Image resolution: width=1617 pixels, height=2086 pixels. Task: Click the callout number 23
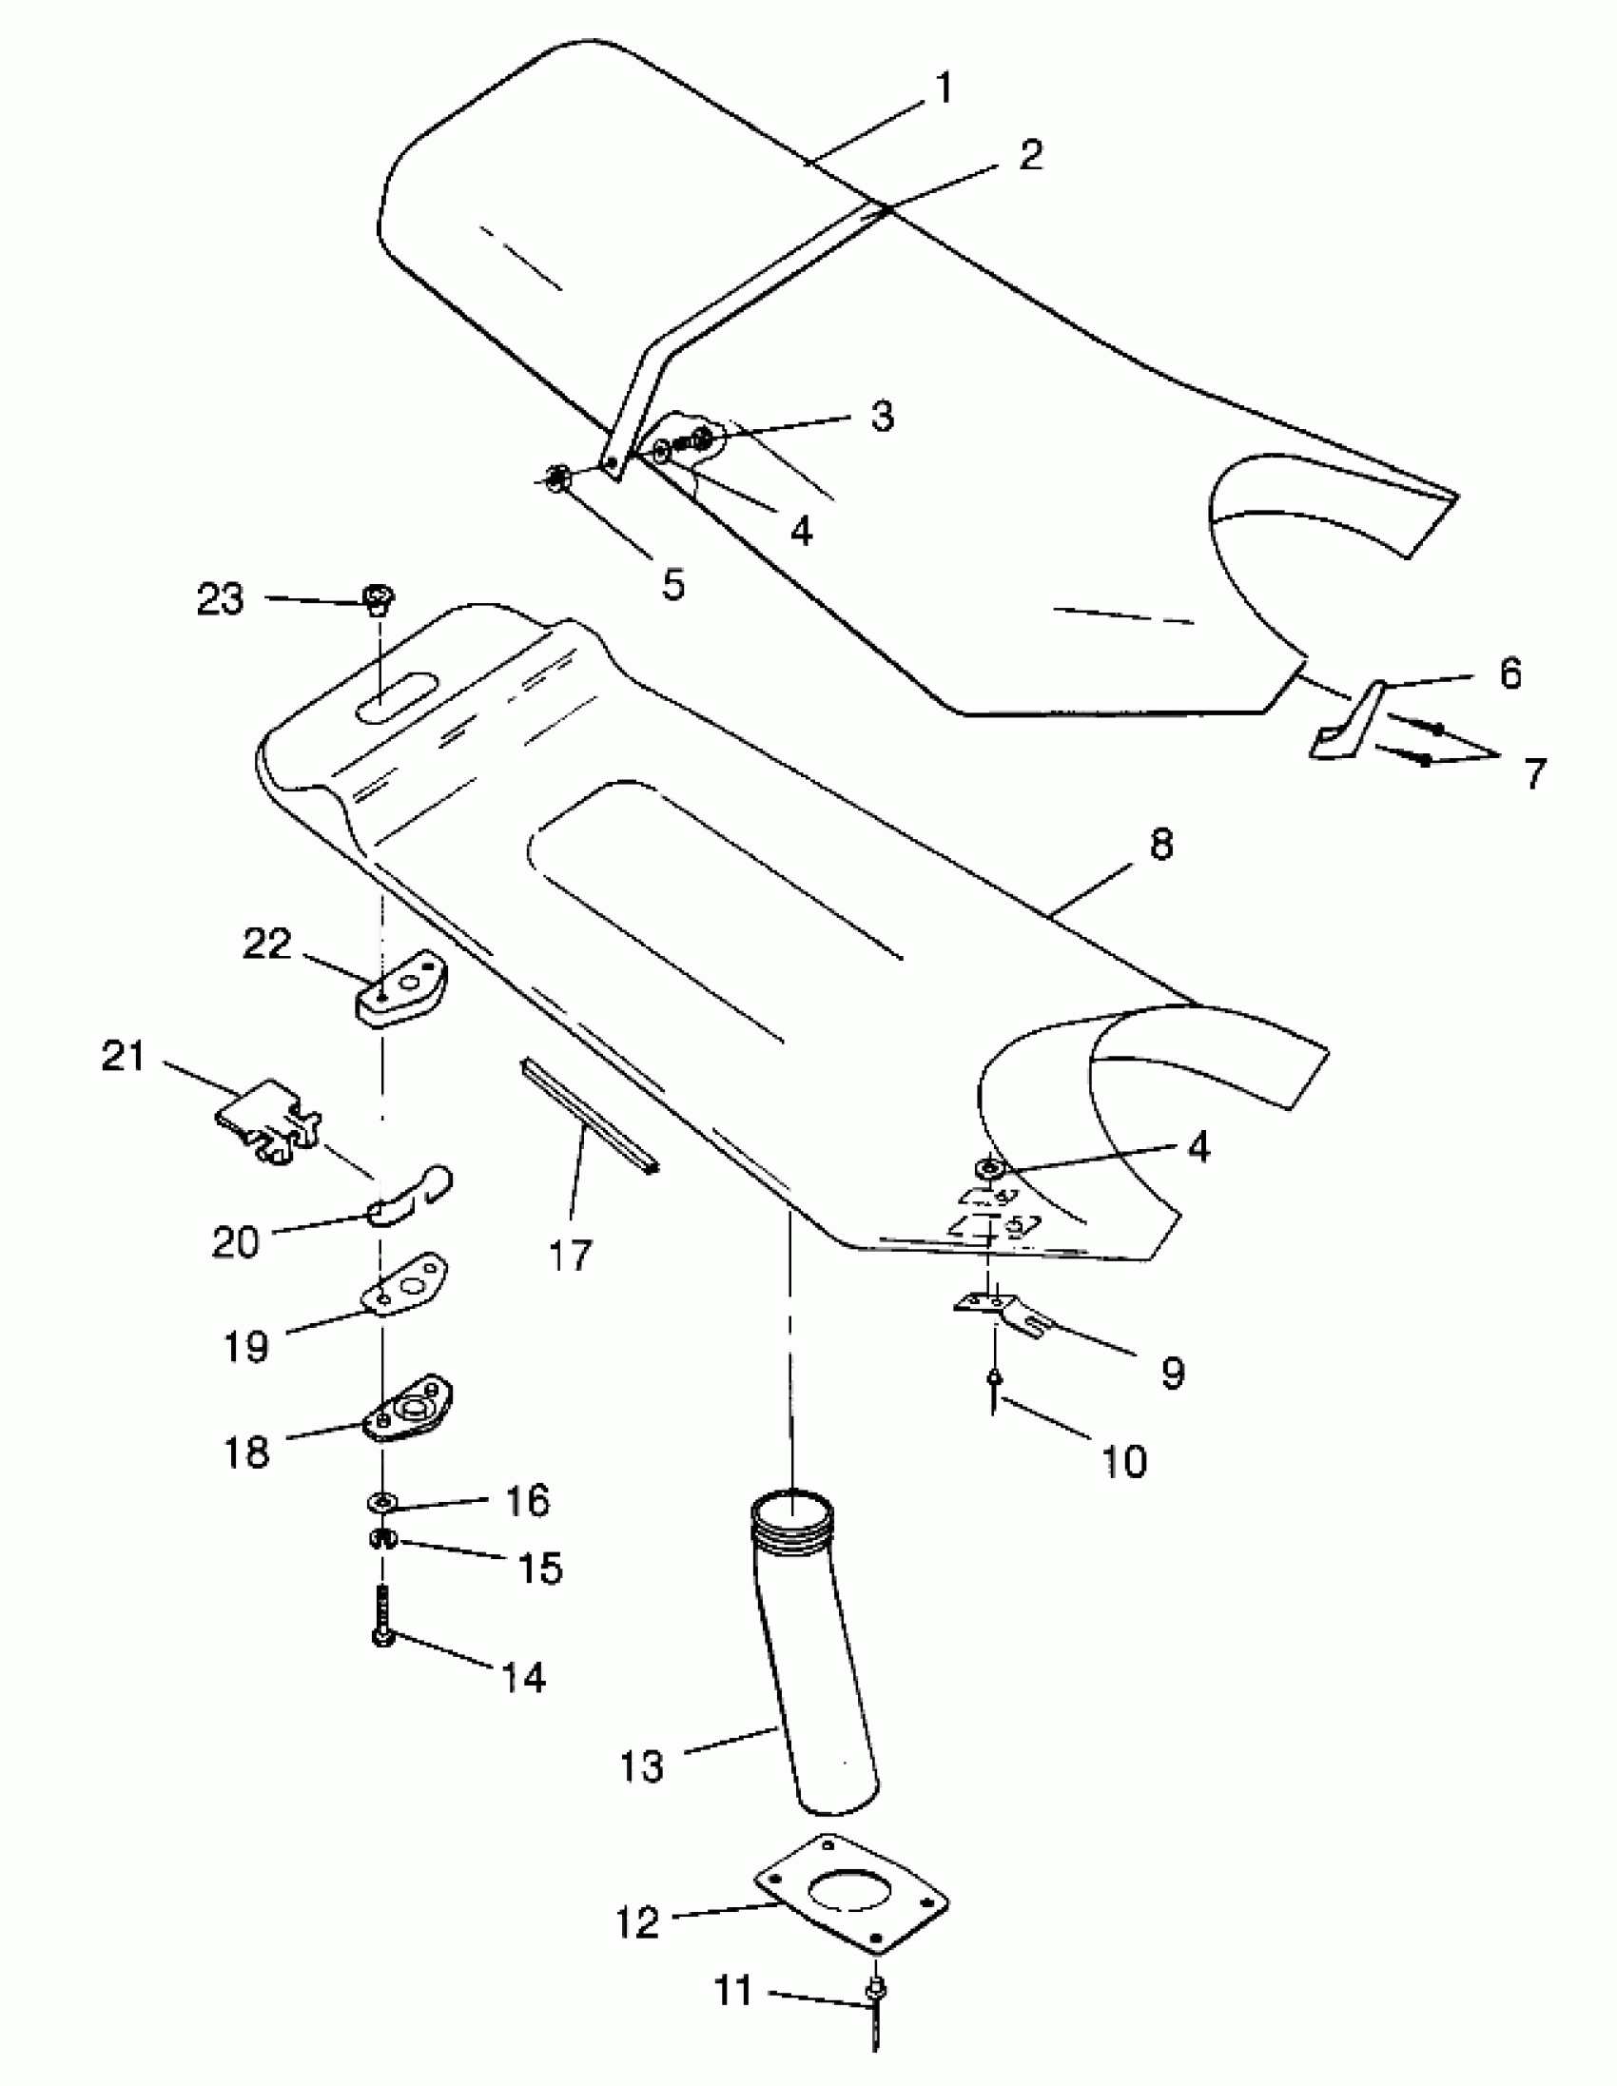coord(221,601)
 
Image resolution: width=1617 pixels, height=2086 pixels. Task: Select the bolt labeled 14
coord(382,1618)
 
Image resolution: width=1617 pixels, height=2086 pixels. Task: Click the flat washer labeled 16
coord(382,1503)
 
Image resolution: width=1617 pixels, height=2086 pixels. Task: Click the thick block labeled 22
coord(403,993)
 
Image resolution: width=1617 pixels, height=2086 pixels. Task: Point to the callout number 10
coord(1124,1460)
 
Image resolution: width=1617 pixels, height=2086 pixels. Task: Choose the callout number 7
coord(1533,771)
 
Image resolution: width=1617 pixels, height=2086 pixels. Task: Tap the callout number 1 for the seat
coord(944,88)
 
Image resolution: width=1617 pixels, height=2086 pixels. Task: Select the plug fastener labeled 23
coord(380,600)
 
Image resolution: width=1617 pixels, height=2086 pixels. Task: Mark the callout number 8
coord(1160,845)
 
